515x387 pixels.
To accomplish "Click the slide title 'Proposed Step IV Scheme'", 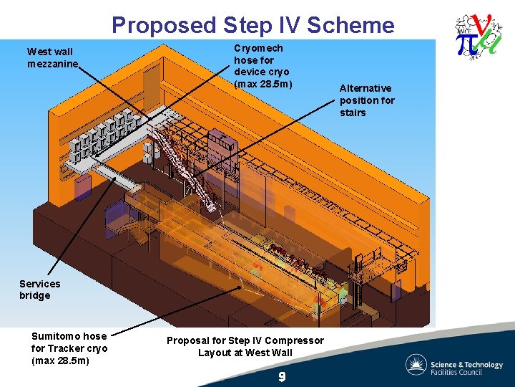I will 252,25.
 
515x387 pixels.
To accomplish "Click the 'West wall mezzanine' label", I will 52,57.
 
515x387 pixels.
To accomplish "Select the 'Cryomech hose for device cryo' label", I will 263,66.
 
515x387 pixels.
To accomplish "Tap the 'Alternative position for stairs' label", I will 367,100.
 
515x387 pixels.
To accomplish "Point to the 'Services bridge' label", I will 39,290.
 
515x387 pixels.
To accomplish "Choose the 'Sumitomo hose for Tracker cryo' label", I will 69,348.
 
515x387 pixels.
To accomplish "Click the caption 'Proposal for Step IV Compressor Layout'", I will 245,346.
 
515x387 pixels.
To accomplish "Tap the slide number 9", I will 283,376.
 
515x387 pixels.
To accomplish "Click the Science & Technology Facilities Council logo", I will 454,364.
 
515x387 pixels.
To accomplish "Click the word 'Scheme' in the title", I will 355,25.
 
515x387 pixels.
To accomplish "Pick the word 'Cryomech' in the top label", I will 258,48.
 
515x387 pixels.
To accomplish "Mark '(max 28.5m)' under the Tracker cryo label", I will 60,360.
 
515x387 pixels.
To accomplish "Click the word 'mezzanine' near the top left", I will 52,64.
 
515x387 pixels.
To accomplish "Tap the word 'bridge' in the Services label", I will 35,295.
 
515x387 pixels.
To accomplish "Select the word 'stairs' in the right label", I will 353,113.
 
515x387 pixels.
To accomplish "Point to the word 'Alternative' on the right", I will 366,88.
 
